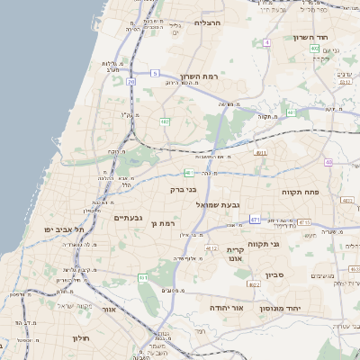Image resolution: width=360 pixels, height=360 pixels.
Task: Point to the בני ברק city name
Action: pyautogui.click(x=184, y=190)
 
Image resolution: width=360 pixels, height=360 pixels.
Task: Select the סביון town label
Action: pyautogui.click(x=274, y=276)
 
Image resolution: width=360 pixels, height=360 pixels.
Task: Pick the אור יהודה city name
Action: pyautogui.click(x=226, y=308)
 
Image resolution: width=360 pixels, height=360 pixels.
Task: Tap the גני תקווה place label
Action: pyautogui.click(x=287, y=243)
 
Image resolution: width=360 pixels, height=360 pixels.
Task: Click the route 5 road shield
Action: pyautogui.click(x=155, y=73)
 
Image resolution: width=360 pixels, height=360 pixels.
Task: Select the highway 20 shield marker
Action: pyautogui.click(x=130, y=82)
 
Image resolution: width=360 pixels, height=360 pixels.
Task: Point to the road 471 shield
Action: pyautogui.click(x=255, y=220)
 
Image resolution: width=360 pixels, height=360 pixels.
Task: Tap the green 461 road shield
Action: pyautogui.click(x=143, y=278)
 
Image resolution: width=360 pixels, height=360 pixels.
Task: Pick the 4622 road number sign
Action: pyautogui.click(x=253, y=284)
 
